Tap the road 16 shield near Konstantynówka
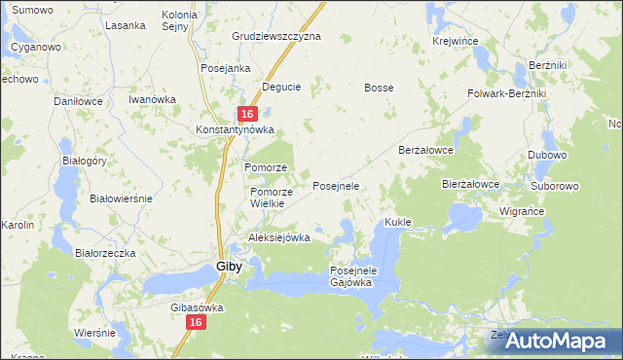[x=247, y=114]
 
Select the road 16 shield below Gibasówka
[x=196, y=322]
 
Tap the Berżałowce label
[x=427, y=151]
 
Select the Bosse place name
[x=379, y=88]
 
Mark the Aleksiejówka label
[x=278, y=237]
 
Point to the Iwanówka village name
[x=152, y=99]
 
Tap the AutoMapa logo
[x=558, y=342]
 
